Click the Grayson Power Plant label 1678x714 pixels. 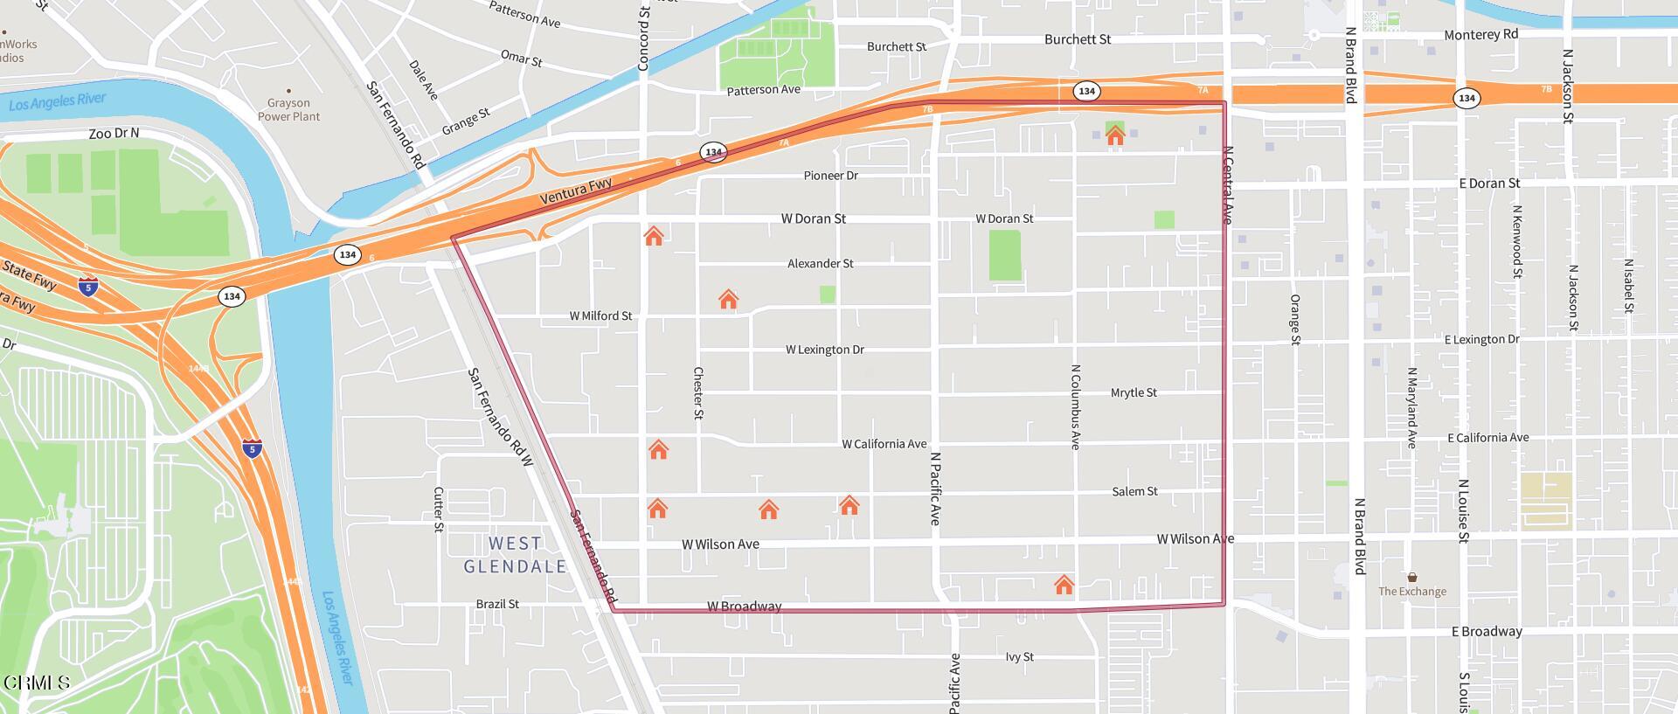(x=288, y=109)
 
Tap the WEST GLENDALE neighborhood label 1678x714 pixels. (x=515, y=555)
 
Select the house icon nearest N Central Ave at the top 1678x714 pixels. (x=1114, y=135)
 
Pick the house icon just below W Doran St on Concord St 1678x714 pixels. (x=654, y=235)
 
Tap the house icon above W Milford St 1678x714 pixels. (x=728, y=300)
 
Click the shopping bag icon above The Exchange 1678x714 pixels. (x=1412, y=577)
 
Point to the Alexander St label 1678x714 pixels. (x=820, y=263)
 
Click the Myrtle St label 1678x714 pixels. (x=1134, y=392)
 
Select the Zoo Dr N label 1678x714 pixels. (x=114, y=134)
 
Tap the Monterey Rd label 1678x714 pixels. (x=1480, y=35)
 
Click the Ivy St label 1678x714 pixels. (x=1019, y=656)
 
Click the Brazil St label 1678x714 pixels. (x=497, y=604)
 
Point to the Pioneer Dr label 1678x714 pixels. (x=830, y=176)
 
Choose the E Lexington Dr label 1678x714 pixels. (x=1481, y=339)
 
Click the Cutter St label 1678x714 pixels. (x=439, y=510)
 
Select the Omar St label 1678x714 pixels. (x=522, y=58)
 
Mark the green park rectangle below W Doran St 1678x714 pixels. (x=1005, y=255)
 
